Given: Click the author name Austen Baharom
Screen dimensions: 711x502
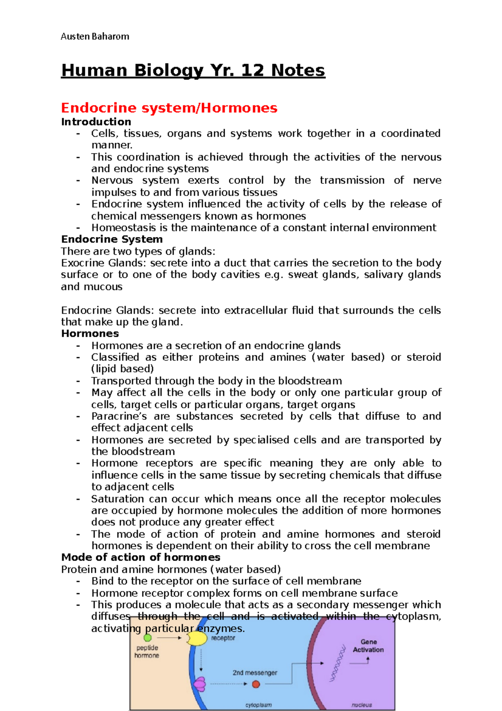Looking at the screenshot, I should coord(95,36).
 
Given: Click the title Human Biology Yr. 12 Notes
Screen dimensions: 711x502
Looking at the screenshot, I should coord(193,70).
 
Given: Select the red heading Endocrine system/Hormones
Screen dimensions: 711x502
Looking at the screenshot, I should coord(169,108).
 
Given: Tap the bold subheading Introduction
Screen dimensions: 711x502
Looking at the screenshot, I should coord(96,122).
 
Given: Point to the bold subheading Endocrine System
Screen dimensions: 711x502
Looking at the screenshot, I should coord(112,240).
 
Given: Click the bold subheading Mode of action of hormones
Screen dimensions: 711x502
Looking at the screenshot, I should coord(141,557).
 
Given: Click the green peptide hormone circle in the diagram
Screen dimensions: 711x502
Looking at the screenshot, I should coord(148,638).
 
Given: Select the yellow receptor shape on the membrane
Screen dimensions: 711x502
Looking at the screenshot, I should coord(197,638).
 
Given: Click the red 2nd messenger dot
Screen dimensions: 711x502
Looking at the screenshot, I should coord(256,684).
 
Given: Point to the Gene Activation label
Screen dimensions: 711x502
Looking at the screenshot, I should coord(368,646).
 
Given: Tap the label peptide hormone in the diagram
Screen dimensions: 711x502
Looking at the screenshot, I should coord(147,652).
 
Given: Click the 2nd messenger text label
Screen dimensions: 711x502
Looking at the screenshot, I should coord(255,672).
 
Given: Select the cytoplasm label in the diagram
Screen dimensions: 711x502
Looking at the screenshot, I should coord(259,705).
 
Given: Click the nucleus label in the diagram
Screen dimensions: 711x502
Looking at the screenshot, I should coord(362,705).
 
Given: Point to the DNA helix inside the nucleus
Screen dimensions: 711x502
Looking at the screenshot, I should coord(338,663).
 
